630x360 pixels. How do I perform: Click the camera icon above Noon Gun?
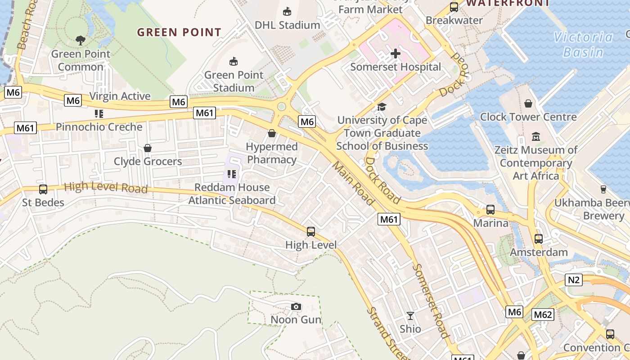(296, 307)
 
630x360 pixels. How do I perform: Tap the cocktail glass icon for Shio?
(410, 315)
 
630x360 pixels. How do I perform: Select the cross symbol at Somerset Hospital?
(395, 54)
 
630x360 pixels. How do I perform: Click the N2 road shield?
(574, 280)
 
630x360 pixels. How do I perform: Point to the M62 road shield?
(542, 315)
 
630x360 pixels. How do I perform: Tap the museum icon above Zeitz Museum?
(535, 136)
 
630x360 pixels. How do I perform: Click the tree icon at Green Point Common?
(81, 40)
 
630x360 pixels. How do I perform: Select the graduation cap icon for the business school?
(382, 107)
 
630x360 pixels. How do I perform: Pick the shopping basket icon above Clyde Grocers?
(147, 148)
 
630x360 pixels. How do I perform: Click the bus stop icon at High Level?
(310, 232)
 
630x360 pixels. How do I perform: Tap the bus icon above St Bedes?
(43, 189)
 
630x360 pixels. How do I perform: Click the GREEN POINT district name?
(179, 32)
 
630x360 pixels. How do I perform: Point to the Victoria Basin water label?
(584, 45)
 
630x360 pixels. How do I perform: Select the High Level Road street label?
(106, 187)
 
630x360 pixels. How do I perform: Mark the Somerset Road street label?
(431, 301)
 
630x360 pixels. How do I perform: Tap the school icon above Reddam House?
(232, 174)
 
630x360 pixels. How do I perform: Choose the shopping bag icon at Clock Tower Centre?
(528, 104)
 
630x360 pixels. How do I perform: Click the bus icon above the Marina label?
(490, 210)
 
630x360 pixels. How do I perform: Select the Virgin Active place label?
(120, 96)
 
